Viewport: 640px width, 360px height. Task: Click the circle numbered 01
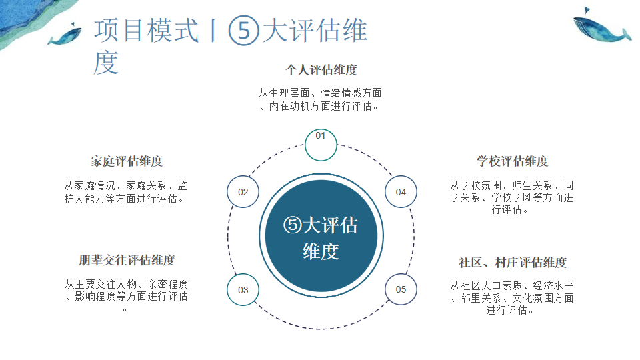(321, 145)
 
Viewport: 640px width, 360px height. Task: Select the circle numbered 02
(243, 192)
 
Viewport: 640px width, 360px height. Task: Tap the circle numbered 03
(243, 290)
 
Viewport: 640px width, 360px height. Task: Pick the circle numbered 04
(401, 192)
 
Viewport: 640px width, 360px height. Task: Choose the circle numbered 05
(401, 290)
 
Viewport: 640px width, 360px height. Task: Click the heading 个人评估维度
(321, 69)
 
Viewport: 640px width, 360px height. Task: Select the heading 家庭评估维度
(127, 161)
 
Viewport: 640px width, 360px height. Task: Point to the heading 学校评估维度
(512, 161)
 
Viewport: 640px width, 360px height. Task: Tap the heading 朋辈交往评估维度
(127, 260)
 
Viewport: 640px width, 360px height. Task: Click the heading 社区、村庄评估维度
(512, 263)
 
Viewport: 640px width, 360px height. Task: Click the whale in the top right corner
(600, 31)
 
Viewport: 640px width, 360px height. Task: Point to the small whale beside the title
(65, 34)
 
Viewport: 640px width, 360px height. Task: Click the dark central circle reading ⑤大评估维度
(321, 238)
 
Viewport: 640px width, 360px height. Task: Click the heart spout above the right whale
(585, 10)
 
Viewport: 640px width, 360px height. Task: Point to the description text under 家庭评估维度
(127, 192)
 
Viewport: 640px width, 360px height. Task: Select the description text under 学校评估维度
(512, 197)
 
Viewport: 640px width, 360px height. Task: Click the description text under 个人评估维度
(321, 99)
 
